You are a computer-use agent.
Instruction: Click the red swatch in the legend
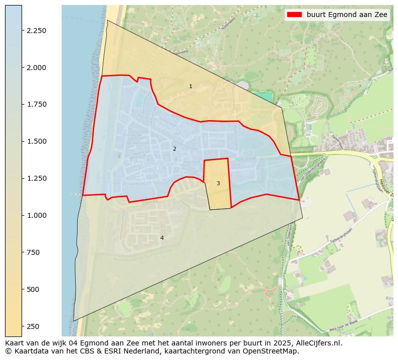294,15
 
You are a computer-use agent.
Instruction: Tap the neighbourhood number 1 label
190,87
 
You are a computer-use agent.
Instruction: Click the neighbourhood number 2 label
174,149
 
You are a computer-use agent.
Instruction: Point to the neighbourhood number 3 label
218,183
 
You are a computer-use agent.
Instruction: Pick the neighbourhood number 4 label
161,238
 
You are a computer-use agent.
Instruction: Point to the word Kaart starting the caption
16,343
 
